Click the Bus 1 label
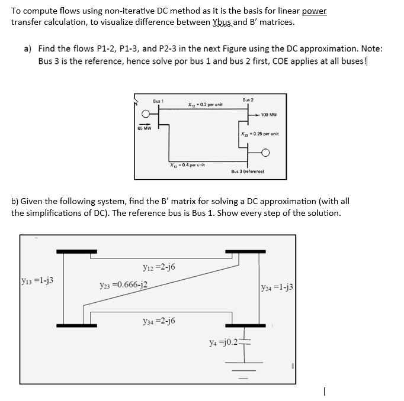[158, 101]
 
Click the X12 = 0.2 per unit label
[205, 105]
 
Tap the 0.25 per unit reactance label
[259, 134]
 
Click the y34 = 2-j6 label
[159, 321]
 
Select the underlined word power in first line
[314, 11]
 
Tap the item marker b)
[15, 202]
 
